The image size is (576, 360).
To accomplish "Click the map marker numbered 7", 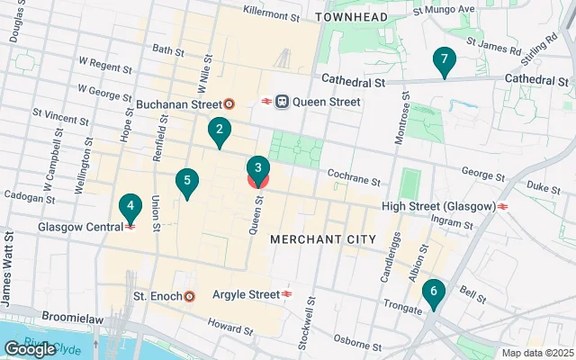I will click(x=443, y=61).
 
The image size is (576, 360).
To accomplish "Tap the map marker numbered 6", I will click(x=433, y=292).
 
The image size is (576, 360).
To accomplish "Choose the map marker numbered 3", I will click(x=258, y=167).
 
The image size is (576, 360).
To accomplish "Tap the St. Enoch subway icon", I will click(x=189, y=295).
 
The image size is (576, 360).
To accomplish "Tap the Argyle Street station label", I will click(x=246, y=294).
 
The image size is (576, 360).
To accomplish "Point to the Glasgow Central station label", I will click(x=79, y=227).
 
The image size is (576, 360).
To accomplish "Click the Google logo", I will click(x=30, y=349).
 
